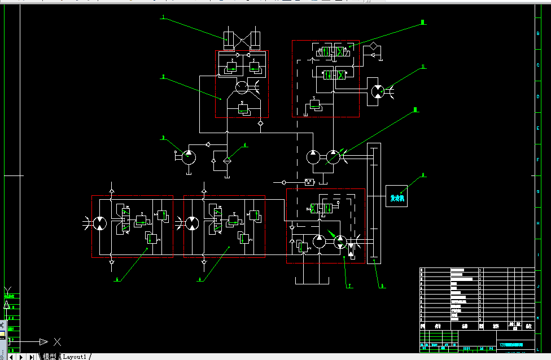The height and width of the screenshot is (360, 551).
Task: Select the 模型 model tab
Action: (x=50, y=357)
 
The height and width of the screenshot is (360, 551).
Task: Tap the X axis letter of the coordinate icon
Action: (x=57, y=341)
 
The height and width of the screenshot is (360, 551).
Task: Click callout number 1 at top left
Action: (x=163, y=18)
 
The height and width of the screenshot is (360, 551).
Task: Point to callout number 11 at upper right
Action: (x=423, y=67)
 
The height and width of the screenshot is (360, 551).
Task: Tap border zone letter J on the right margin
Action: (x=538, y=287)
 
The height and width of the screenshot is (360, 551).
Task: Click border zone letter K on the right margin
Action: (x=538, y=318)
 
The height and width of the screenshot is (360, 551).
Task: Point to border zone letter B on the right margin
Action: (x=538, y=33)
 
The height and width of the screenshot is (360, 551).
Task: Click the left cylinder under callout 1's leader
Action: (x=229, y=39)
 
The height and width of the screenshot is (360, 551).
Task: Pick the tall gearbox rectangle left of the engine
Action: (x=374, y=203)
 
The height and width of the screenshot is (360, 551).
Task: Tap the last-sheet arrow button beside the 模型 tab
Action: (x=30, y=357)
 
